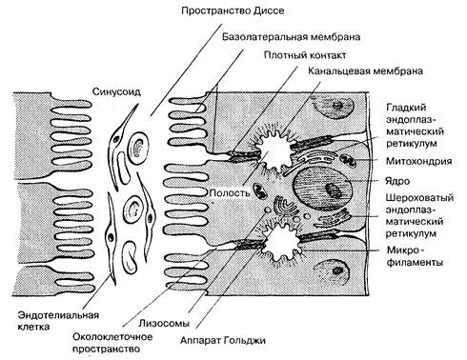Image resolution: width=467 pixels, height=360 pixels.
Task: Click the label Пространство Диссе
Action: (233, 11)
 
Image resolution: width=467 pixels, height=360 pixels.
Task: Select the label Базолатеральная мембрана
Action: (291, 37)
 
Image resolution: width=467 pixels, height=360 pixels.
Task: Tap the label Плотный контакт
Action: (305, 55)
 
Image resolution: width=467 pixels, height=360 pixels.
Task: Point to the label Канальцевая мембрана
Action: (366, 70)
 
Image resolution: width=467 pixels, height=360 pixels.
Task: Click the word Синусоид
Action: (116, 91)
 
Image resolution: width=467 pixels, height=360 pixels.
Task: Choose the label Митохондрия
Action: (418, 161)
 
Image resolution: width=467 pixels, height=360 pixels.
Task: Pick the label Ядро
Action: (397, 181)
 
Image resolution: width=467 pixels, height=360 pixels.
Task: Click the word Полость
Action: (230, 192)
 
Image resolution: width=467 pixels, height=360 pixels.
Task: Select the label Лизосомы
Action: (164, 323)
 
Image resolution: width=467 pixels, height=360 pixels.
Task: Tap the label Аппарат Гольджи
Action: (223, 340)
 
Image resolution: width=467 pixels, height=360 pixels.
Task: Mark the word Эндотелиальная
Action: (58, 315)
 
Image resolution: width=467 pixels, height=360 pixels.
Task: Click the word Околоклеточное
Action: (112, 336)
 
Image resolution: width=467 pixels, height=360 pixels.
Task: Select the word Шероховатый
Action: (419, 198)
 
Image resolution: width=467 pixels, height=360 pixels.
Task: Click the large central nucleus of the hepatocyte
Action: (322, 189)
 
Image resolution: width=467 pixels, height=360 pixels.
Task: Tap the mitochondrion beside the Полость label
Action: (259, 190)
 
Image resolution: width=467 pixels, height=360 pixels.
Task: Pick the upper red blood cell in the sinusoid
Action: (138, 148)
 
